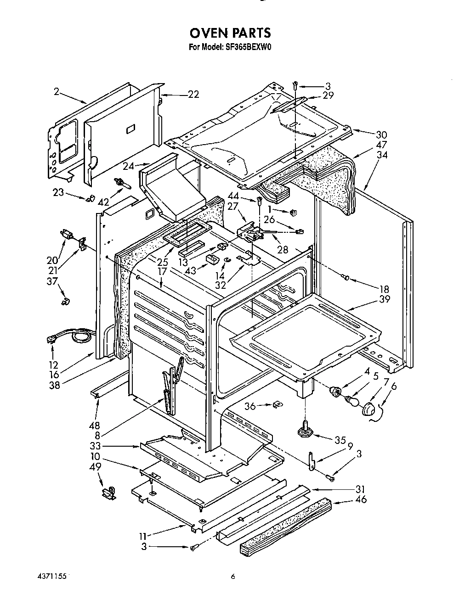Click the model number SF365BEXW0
point(252,46)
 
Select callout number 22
point(193,94)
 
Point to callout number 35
point(340,440)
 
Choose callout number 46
point(361,499)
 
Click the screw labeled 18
point(345,276)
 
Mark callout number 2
point(56,92)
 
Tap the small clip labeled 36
point(278,404)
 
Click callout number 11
point(144,536)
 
